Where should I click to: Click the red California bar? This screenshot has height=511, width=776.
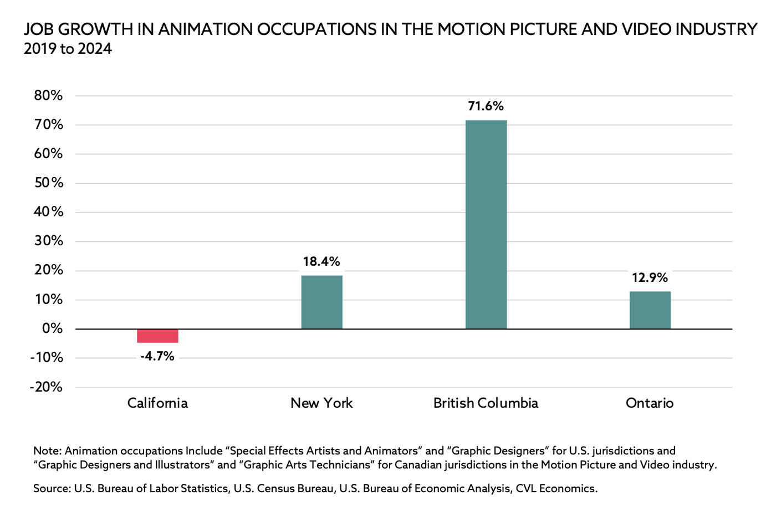click(157, 336)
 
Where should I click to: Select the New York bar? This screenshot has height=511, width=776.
click(321, 302)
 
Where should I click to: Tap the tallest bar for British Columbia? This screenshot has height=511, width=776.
click(486, 225)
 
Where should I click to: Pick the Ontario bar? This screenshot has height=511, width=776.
click(650, 310)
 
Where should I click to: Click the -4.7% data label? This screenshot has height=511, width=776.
click(157, 356)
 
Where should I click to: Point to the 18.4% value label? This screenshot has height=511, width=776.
click(321, 261)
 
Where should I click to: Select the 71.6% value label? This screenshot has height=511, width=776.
click(486, 106)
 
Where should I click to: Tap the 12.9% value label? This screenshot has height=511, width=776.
click(650, 277)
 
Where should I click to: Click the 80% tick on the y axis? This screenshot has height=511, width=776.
click(49, 95)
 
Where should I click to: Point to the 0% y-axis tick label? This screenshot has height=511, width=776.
click(53, 328)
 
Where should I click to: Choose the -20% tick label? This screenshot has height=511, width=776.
click(47, 387)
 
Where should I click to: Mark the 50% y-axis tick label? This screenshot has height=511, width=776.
click(49, 183)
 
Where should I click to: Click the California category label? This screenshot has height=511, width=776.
click(157, 403)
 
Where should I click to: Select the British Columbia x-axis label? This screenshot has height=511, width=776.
click(486, 403)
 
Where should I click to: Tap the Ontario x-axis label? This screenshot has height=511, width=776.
click(650, 403)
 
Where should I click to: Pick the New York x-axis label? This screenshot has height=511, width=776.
click(321, 403)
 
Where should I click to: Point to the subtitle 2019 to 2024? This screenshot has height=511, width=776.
click(68, 49)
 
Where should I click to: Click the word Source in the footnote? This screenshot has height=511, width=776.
click(52, 488)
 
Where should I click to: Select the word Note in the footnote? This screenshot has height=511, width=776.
click(47, 451)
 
